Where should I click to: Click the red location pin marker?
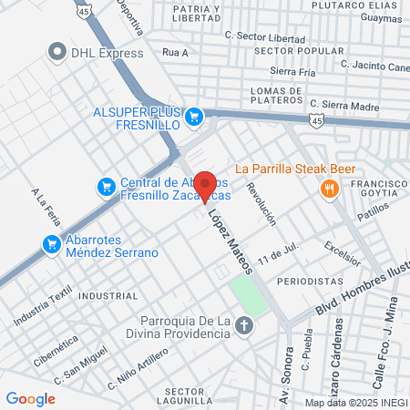click(206, 185)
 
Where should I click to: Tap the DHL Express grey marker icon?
click(59, 52)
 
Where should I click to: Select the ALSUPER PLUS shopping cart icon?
click(193, 116)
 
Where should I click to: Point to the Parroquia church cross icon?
click(244, 325)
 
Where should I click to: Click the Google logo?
click(31, 398)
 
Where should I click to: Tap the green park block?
click(249, 295)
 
